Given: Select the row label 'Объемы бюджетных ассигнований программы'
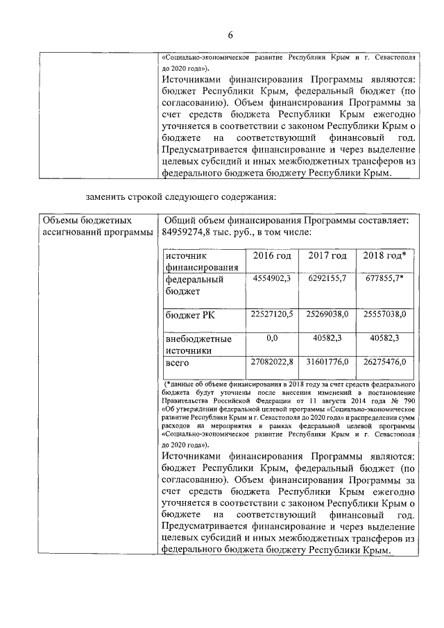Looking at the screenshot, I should coord(96,226).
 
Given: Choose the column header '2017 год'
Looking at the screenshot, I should coord(327,256).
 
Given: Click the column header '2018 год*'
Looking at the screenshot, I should coord(384,256).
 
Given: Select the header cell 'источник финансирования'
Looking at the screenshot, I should coord(202,262).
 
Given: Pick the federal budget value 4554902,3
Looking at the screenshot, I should coord(271,278).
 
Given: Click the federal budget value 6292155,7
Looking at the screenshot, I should coord(327,278).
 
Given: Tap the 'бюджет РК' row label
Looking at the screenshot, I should coord(190,316).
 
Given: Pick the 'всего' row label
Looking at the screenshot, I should coord(178,363).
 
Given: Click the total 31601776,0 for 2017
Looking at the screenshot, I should coord(327,362).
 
